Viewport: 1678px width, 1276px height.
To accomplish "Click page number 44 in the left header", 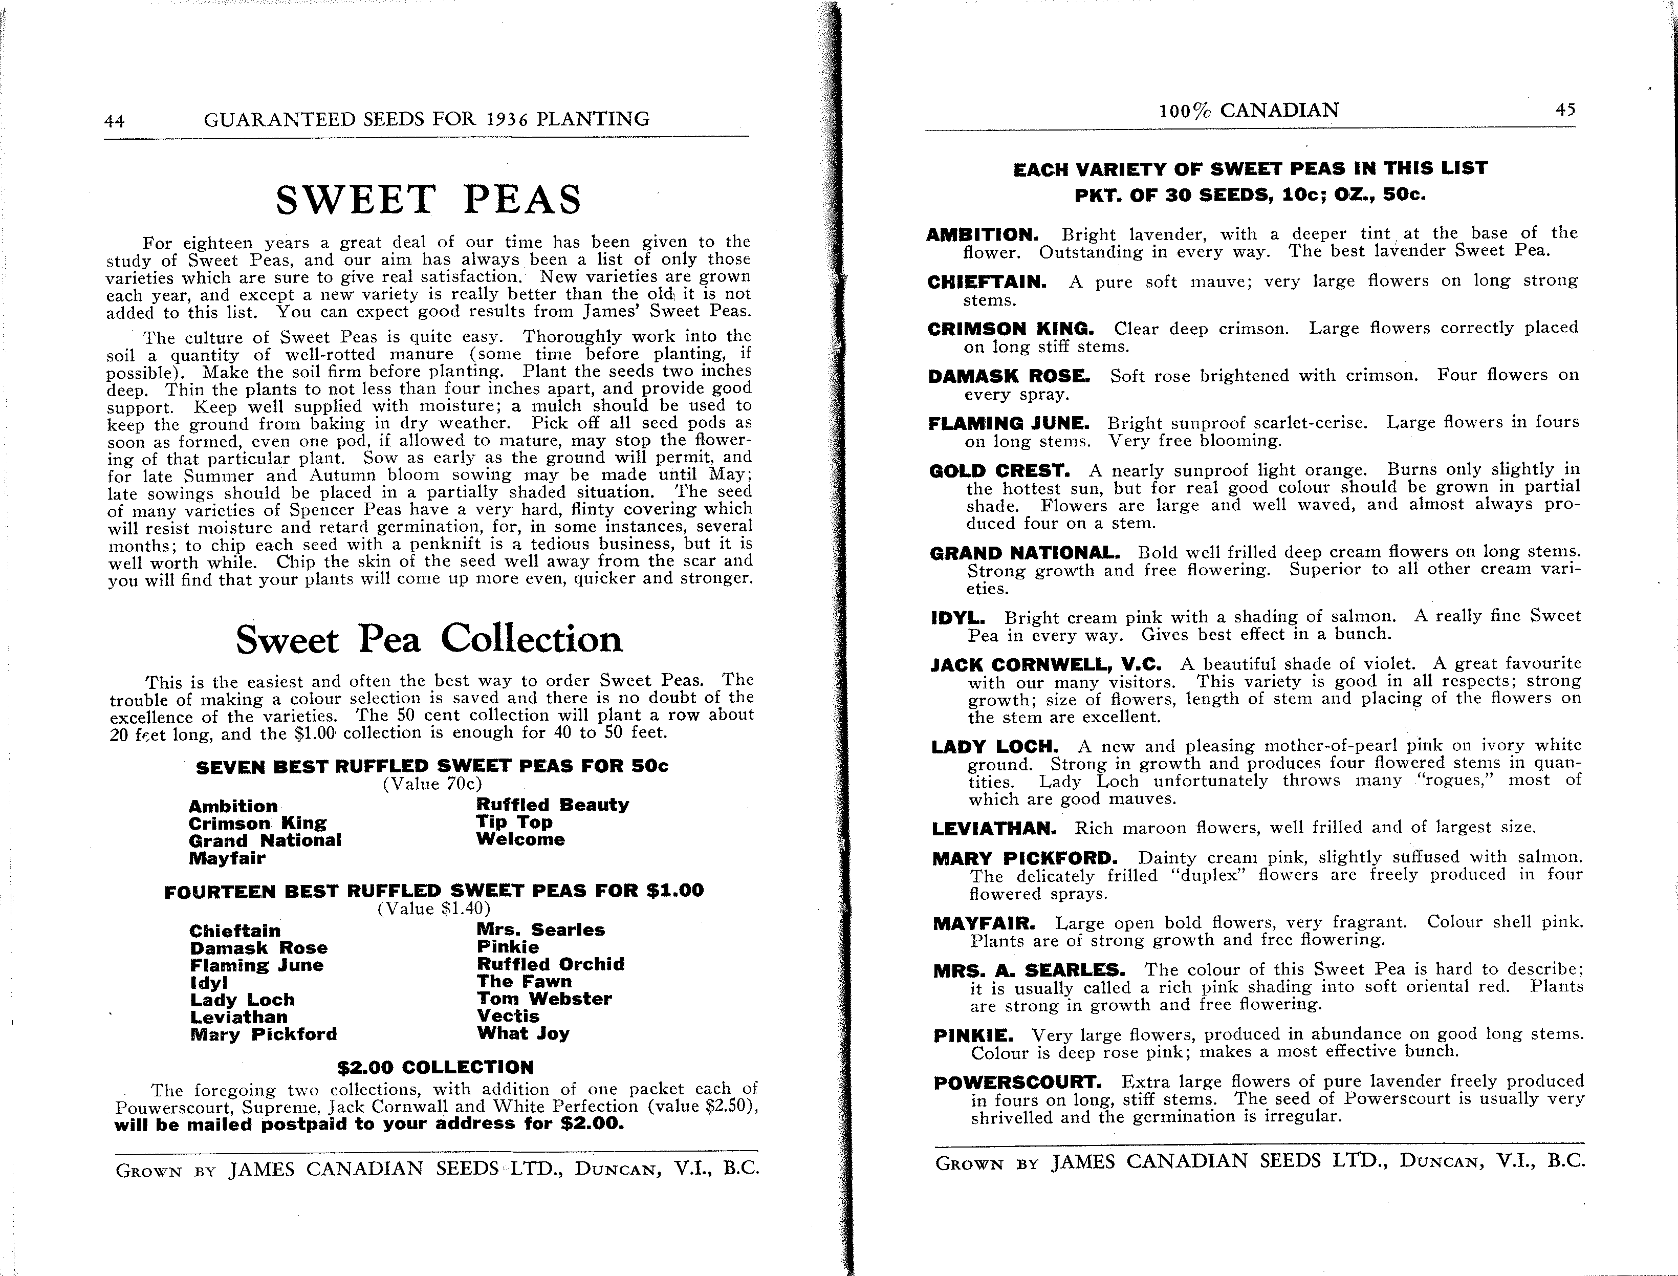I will [115, 121].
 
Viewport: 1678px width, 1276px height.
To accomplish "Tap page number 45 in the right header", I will [1565, 110].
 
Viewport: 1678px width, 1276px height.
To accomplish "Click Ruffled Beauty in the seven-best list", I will [552, 805].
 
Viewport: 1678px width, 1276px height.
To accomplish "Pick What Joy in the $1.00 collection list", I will [523, 1034].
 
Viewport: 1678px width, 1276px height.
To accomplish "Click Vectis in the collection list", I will [508, 1016].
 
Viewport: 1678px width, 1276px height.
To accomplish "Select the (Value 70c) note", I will [432, 784].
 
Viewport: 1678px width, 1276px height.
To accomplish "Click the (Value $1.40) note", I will [433, 909].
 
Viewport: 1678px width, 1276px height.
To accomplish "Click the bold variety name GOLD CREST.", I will [999, 471].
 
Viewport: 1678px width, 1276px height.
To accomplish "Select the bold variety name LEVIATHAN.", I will [994, 829].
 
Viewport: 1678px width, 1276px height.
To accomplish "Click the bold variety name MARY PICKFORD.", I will [1025, 859].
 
